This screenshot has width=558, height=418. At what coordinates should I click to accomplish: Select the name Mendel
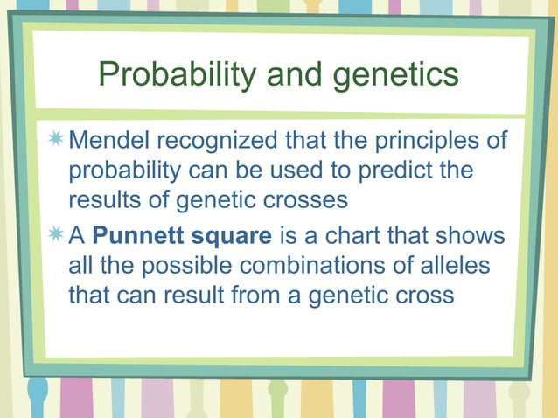click(112, 141)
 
